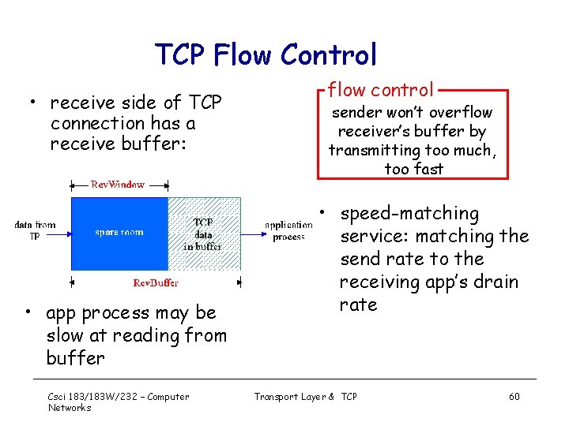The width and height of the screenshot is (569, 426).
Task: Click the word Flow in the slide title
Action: pos(240,54)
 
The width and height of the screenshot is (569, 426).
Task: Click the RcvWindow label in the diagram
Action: pos(118,184)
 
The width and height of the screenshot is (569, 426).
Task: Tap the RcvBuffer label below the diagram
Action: pos(156,282)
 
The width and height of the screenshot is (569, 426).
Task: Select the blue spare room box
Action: pos(119,233)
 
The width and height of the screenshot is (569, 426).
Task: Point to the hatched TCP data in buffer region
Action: pos(204,234)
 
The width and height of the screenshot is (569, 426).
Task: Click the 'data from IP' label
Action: pos(35,230)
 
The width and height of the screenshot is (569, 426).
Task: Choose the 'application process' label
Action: pos(288,230)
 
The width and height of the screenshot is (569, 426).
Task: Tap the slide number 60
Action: pos(514,396)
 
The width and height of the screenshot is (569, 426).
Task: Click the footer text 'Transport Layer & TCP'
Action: pos(305,396)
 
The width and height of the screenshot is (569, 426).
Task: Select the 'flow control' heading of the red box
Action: pos(381,90)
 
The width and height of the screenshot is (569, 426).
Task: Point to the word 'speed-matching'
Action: pos(409,214)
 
